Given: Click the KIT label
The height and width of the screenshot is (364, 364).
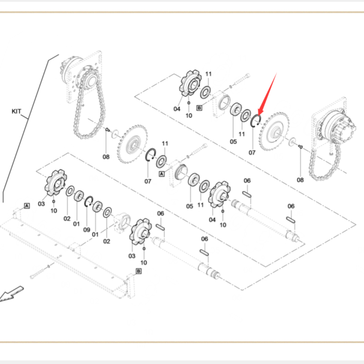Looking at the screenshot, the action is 16,112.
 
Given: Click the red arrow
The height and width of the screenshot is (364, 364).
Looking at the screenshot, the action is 267,94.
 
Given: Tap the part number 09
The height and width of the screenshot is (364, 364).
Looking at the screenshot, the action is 86,230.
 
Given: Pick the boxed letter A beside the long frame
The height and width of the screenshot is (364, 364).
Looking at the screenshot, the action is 27,205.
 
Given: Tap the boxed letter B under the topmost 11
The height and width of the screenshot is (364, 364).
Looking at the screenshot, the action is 199,108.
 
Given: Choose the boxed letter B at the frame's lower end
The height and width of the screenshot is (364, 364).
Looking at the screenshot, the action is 139,271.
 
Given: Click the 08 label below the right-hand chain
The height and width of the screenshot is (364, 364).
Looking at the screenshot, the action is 300,180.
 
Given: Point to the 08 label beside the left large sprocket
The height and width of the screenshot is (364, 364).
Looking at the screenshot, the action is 106,157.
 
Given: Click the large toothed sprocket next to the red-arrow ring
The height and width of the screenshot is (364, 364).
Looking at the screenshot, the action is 274,132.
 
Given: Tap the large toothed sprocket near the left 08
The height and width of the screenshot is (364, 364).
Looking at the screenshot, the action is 132,144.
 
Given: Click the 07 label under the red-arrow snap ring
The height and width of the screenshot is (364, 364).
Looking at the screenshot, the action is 252,153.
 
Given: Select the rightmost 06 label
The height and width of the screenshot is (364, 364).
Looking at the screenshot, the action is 291,206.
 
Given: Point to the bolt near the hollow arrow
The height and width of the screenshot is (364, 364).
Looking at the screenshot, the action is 40,271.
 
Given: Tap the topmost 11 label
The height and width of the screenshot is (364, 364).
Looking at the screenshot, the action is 208,74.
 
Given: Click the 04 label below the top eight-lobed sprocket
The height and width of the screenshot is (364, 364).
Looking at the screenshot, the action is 177,109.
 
